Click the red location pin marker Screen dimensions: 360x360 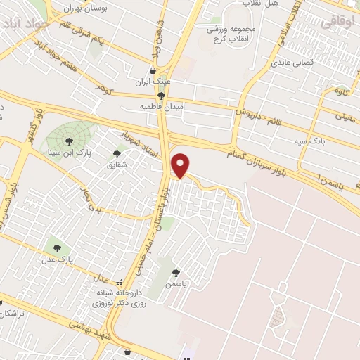[182, 165]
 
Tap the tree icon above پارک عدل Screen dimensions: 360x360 [56, 247]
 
